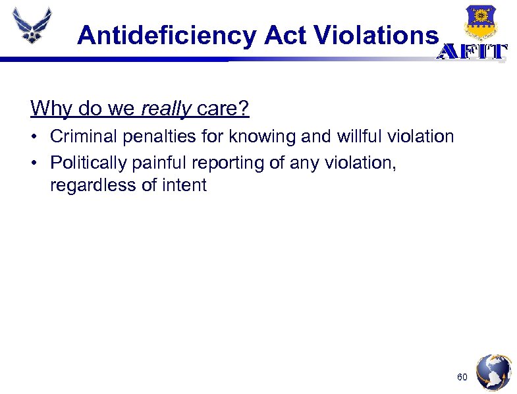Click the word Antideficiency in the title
(x=167, y=36)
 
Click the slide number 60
(x=462, y=378)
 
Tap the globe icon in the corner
(x=493, y=373)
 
